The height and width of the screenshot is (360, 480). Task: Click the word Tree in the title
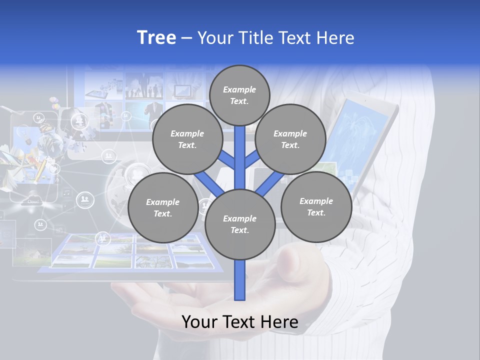pos(156,37)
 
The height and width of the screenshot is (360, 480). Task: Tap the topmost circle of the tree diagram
pos(239,95)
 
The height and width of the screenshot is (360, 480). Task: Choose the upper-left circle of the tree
pos(187,139)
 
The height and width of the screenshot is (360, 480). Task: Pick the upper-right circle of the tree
pos(290,139)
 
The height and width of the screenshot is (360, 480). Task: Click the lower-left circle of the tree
pos(162,207)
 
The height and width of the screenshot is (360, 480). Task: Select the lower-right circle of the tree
pos(316,206)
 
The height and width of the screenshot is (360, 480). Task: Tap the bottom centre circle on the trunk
pos(239,224)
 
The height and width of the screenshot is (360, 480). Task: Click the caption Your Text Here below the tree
pos(239,322)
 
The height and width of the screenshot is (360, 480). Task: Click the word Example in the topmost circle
pos(239,89)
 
